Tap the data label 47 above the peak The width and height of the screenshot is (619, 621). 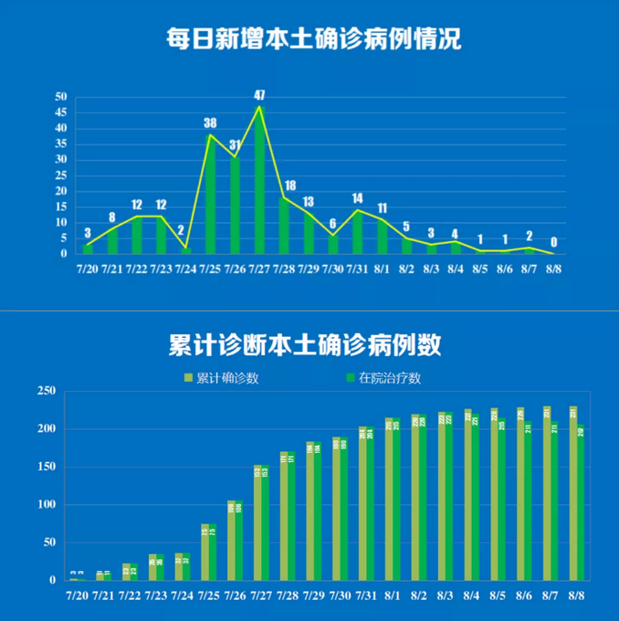click(x=259, y=95)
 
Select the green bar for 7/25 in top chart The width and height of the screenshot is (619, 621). click(x=211, y=196)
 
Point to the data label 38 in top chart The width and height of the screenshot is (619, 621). click(x=210, y=123)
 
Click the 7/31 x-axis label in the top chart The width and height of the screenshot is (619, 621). click(x=358, y=270)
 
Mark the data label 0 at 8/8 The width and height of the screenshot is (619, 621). click(x=553, y=243)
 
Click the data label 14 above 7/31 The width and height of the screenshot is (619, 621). click(x=357, y=198)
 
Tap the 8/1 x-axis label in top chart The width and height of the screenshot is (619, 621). click(x=383, y=270)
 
